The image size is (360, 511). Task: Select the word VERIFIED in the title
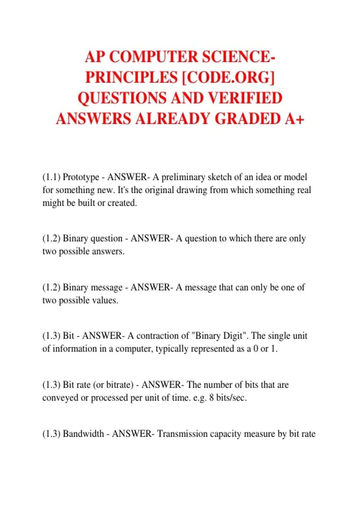(x=245, y=98)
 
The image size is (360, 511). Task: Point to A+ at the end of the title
(x=295, y=118)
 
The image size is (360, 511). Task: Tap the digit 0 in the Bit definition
(x=256, y=349)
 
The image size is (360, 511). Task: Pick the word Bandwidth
(x=83, y=434)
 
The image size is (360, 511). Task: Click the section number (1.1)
(x=51, y=177)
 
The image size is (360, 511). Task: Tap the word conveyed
(x=61, y=398)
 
